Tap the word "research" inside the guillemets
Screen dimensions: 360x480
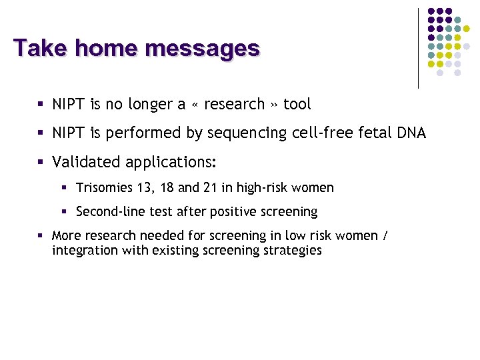tap(234, 105)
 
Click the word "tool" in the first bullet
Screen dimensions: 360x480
tap(297, 105)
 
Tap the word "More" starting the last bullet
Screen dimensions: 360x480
tap(66, 235)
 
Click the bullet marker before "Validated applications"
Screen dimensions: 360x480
tap(41, 162)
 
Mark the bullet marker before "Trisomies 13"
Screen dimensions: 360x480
tap(65, 188)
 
